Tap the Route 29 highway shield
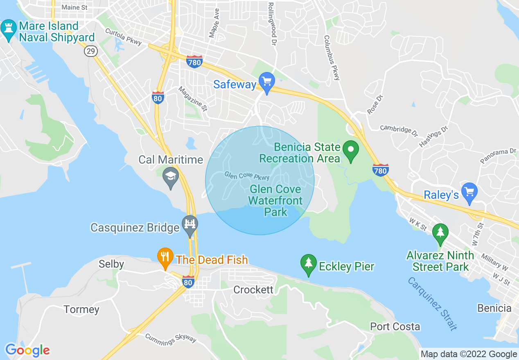coord(90,51)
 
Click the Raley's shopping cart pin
coord(469,192)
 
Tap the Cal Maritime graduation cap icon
coord(170,177)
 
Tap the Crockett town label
coord(253,290)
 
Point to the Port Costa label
coord(395,326)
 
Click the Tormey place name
coord(81,309)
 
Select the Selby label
coord(111,264)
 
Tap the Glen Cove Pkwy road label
coord(247,175)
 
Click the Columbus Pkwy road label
coord(332,58)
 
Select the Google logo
coord(27,350)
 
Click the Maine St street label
coord(74,7)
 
